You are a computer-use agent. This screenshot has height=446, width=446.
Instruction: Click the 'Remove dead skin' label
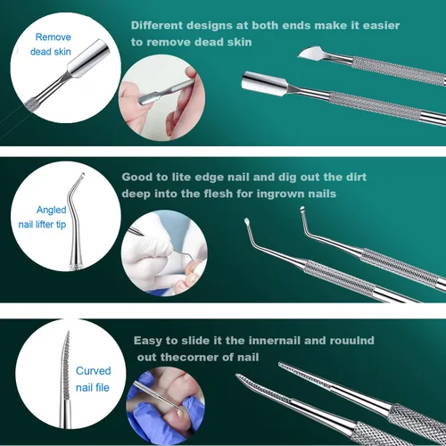(x=51, y=45)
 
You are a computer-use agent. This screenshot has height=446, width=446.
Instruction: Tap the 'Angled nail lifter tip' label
(x=42, y=217)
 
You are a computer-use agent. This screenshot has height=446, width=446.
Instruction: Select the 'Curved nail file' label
(x=93, y=379)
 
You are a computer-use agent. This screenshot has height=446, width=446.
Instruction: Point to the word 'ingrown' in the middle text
(x=280, y=194)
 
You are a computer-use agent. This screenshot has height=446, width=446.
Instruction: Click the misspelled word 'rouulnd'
(x=351, y=340)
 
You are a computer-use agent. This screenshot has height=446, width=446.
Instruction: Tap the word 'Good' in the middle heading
(x=134, y=177)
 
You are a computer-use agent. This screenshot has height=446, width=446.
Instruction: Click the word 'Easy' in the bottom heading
(x=147, y=341)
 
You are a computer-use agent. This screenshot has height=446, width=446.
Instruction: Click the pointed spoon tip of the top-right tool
(x=310, y=54)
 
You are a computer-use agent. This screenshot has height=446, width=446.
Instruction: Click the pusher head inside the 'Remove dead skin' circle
(x=87, y=61)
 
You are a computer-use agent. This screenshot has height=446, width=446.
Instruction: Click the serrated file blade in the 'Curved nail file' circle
(x=66, y=366)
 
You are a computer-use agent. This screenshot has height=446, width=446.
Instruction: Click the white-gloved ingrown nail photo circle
(x=164, y=253)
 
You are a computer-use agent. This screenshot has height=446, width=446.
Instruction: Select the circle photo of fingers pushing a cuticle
(x=161, y=98)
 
